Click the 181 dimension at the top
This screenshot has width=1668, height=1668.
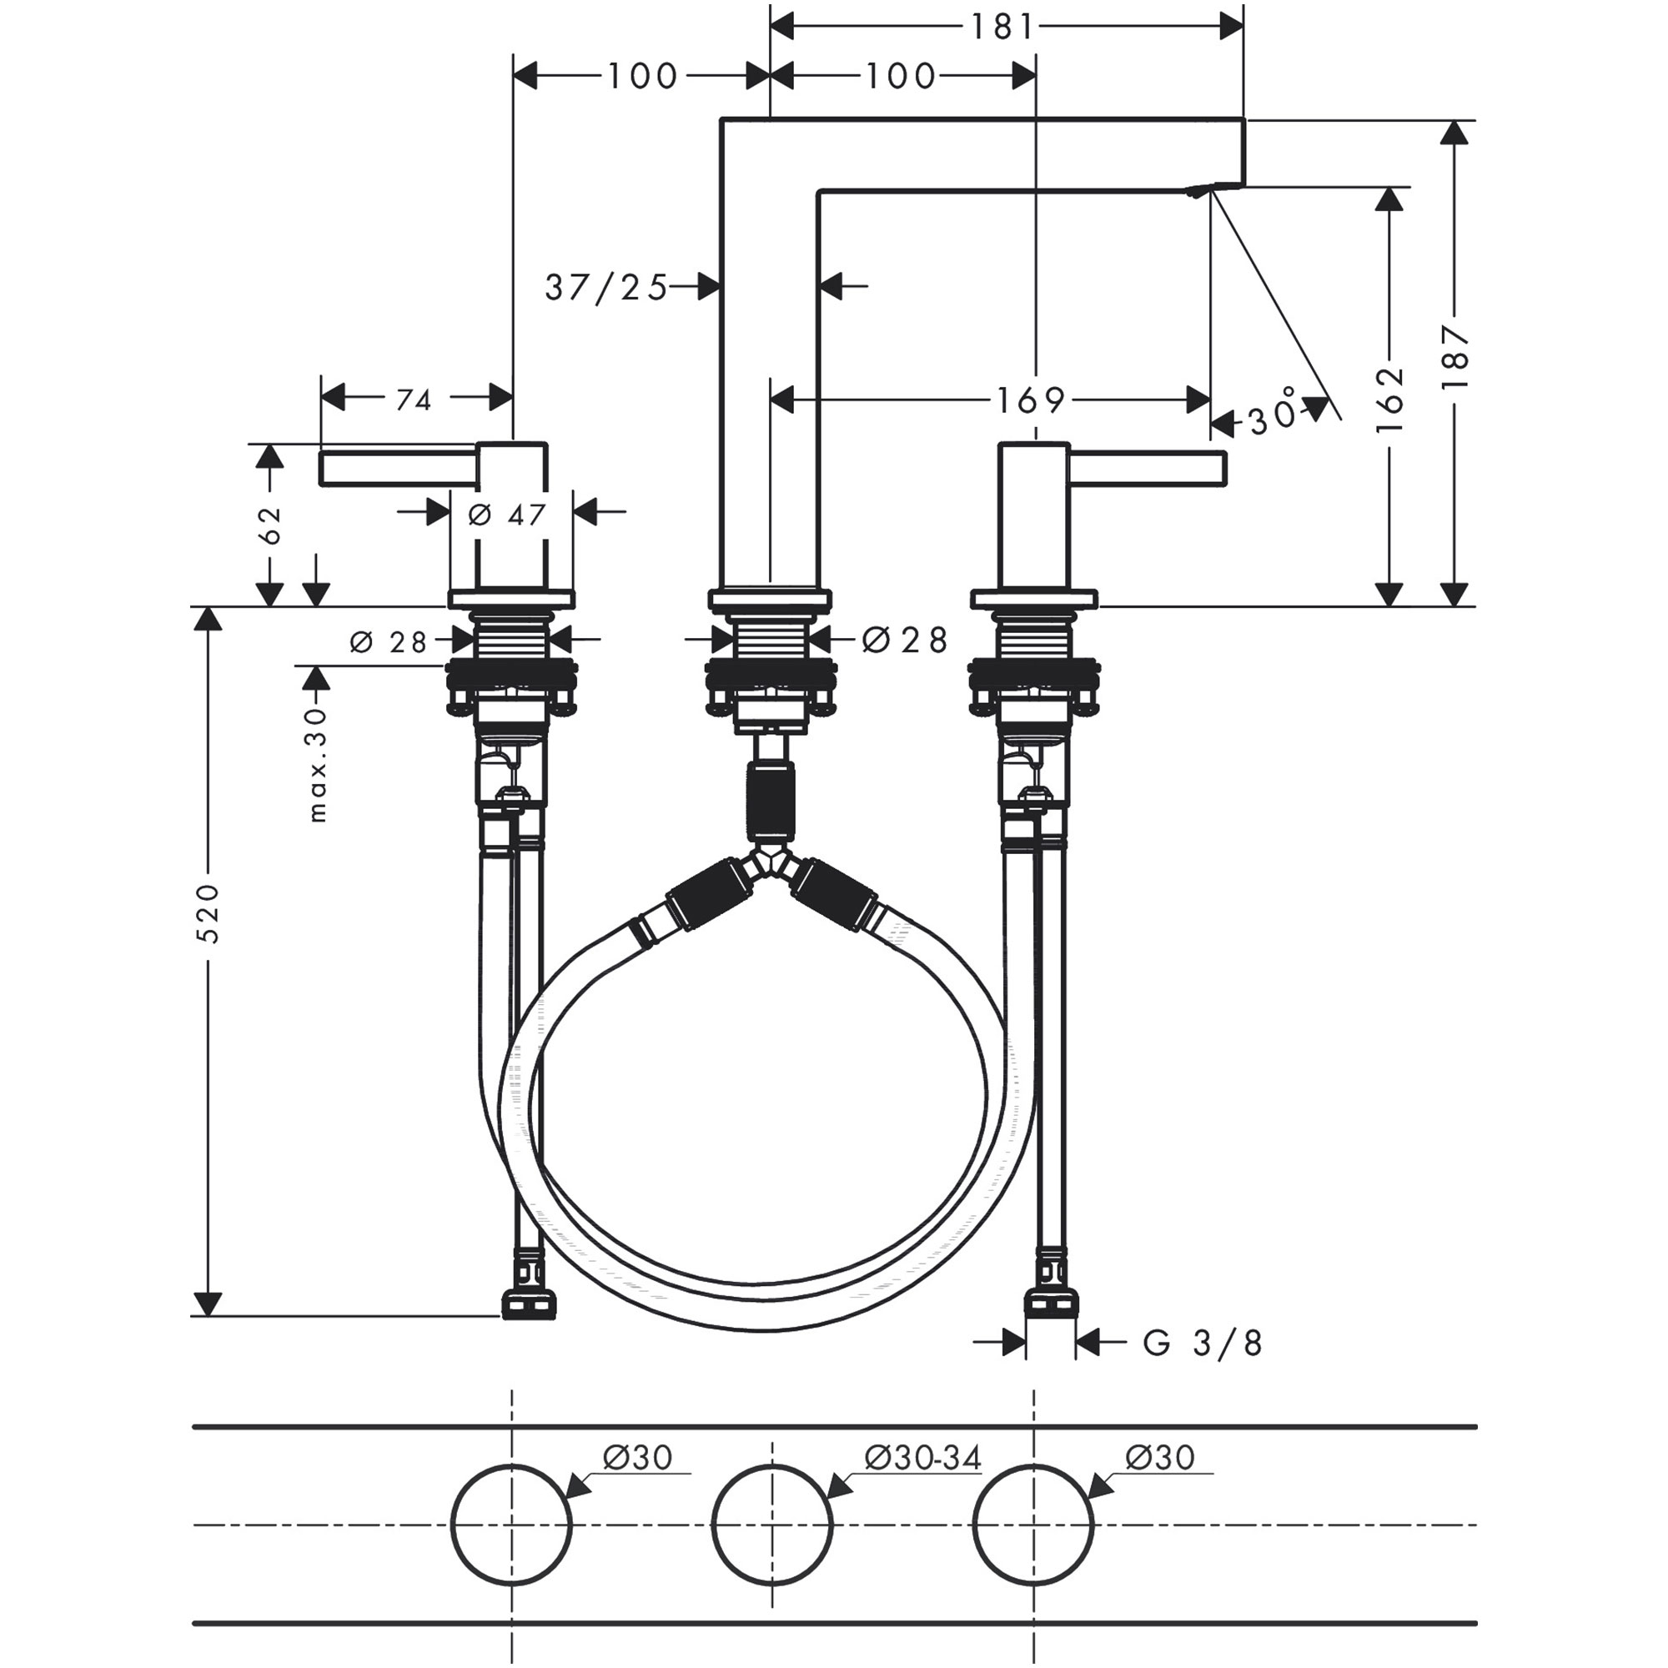tap(1002, 28)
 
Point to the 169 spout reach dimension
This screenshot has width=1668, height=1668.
tap(1031, 400)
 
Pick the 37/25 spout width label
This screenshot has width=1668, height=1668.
tap(607, 288)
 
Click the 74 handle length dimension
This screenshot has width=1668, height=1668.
tap(414, 400)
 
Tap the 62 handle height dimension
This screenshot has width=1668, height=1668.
tap(270, 524)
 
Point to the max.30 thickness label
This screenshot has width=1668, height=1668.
tap(318, 764)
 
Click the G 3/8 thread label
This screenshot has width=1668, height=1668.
tap(1203, 1344)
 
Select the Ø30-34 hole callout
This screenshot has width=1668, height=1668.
tap(922, 1458)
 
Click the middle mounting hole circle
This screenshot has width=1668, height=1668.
tap(771, 1524)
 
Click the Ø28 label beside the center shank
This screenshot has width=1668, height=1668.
tap(905, 640)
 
